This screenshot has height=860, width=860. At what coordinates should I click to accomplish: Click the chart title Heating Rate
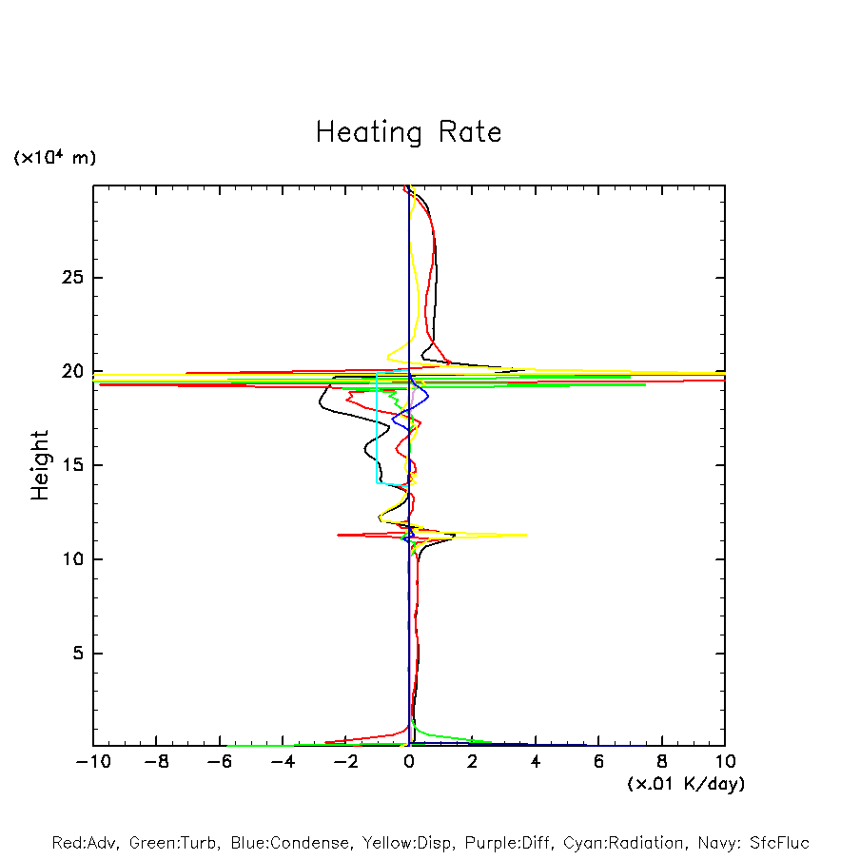[408, 132]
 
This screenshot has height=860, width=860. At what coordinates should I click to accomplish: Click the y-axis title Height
[40, 465]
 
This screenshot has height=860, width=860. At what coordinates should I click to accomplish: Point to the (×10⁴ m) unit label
[54, 158]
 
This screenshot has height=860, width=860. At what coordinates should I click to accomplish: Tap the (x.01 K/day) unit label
[685, 784]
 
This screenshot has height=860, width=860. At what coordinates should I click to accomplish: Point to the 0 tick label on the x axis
[409, 763]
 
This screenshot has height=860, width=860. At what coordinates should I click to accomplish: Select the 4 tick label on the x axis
[536, 763]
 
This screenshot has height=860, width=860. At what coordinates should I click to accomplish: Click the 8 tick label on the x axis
[662, 763]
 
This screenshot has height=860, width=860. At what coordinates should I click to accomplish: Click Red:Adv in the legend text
[84, 843]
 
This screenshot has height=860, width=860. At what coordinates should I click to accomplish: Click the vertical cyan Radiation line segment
[377, 428]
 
